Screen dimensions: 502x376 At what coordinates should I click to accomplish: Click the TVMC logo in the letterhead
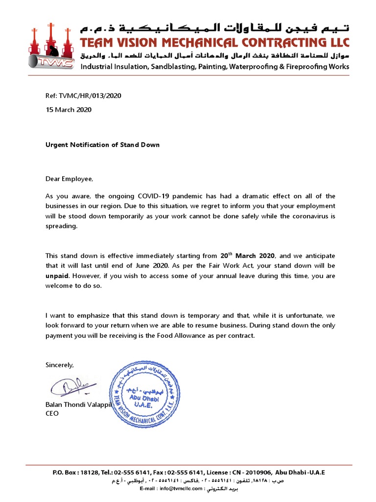[52, 47]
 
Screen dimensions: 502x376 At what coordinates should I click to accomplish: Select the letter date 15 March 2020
[69, 110]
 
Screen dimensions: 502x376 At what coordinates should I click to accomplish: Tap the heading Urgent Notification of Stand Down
[102, 145]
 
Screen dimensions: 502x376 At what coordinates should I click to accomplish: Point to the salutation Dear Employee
[69, 179]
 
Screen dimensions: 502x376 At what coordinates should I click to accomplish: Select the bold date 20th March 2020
[248, 255]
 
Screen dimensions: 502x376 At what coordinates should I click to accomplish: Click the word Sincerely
[60, 365]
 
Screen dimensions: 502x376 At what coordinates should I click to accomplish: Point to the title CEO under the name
[52, 413]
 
